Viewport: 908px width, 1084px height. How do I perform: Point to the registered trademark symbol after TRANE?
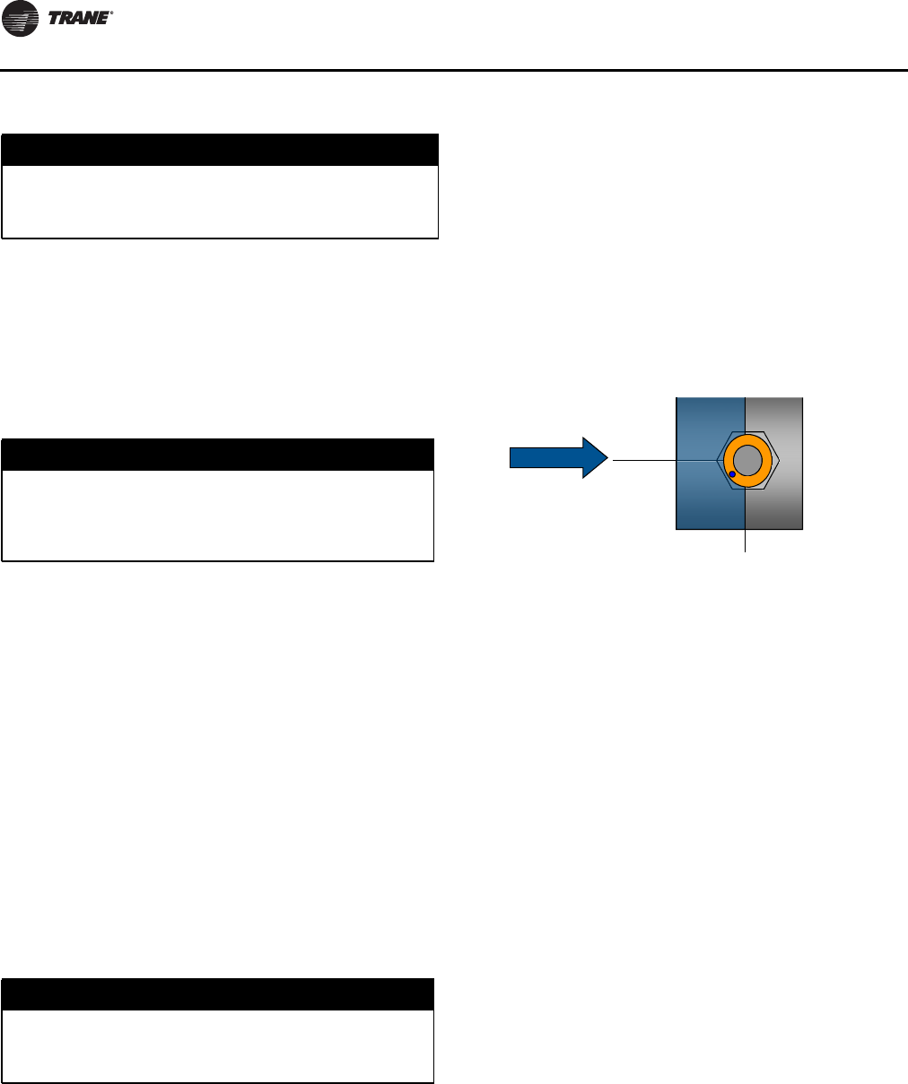pos(111,13)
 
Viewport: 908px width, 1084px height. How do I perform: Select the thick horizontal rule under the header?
pos(454,70)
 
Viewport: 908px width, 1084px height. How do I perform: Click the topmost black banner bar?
pos(220,149)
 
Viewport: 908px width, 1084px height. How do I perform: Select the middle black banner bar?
pos(218,454)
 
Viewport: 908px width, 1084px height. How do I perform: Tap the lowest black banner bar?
pos(218,994)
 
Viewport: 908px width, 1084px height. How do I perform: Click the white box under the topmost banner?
pos(220,202)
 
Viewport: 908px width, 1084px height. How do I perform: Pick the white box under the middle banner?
pos(218,516)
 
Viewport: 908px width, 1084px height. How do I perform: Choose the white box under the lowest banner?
pos(218,1046)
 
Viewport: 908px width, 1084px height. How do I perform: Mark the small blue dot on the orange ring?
pos(733,473)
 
